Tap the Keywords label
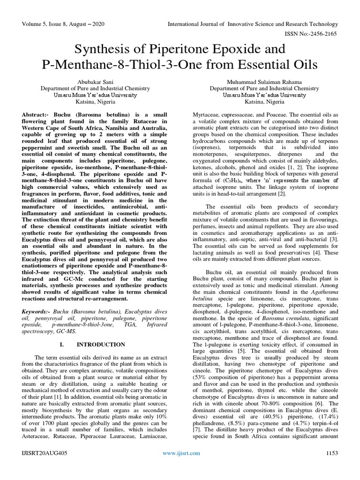(37, 312)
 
